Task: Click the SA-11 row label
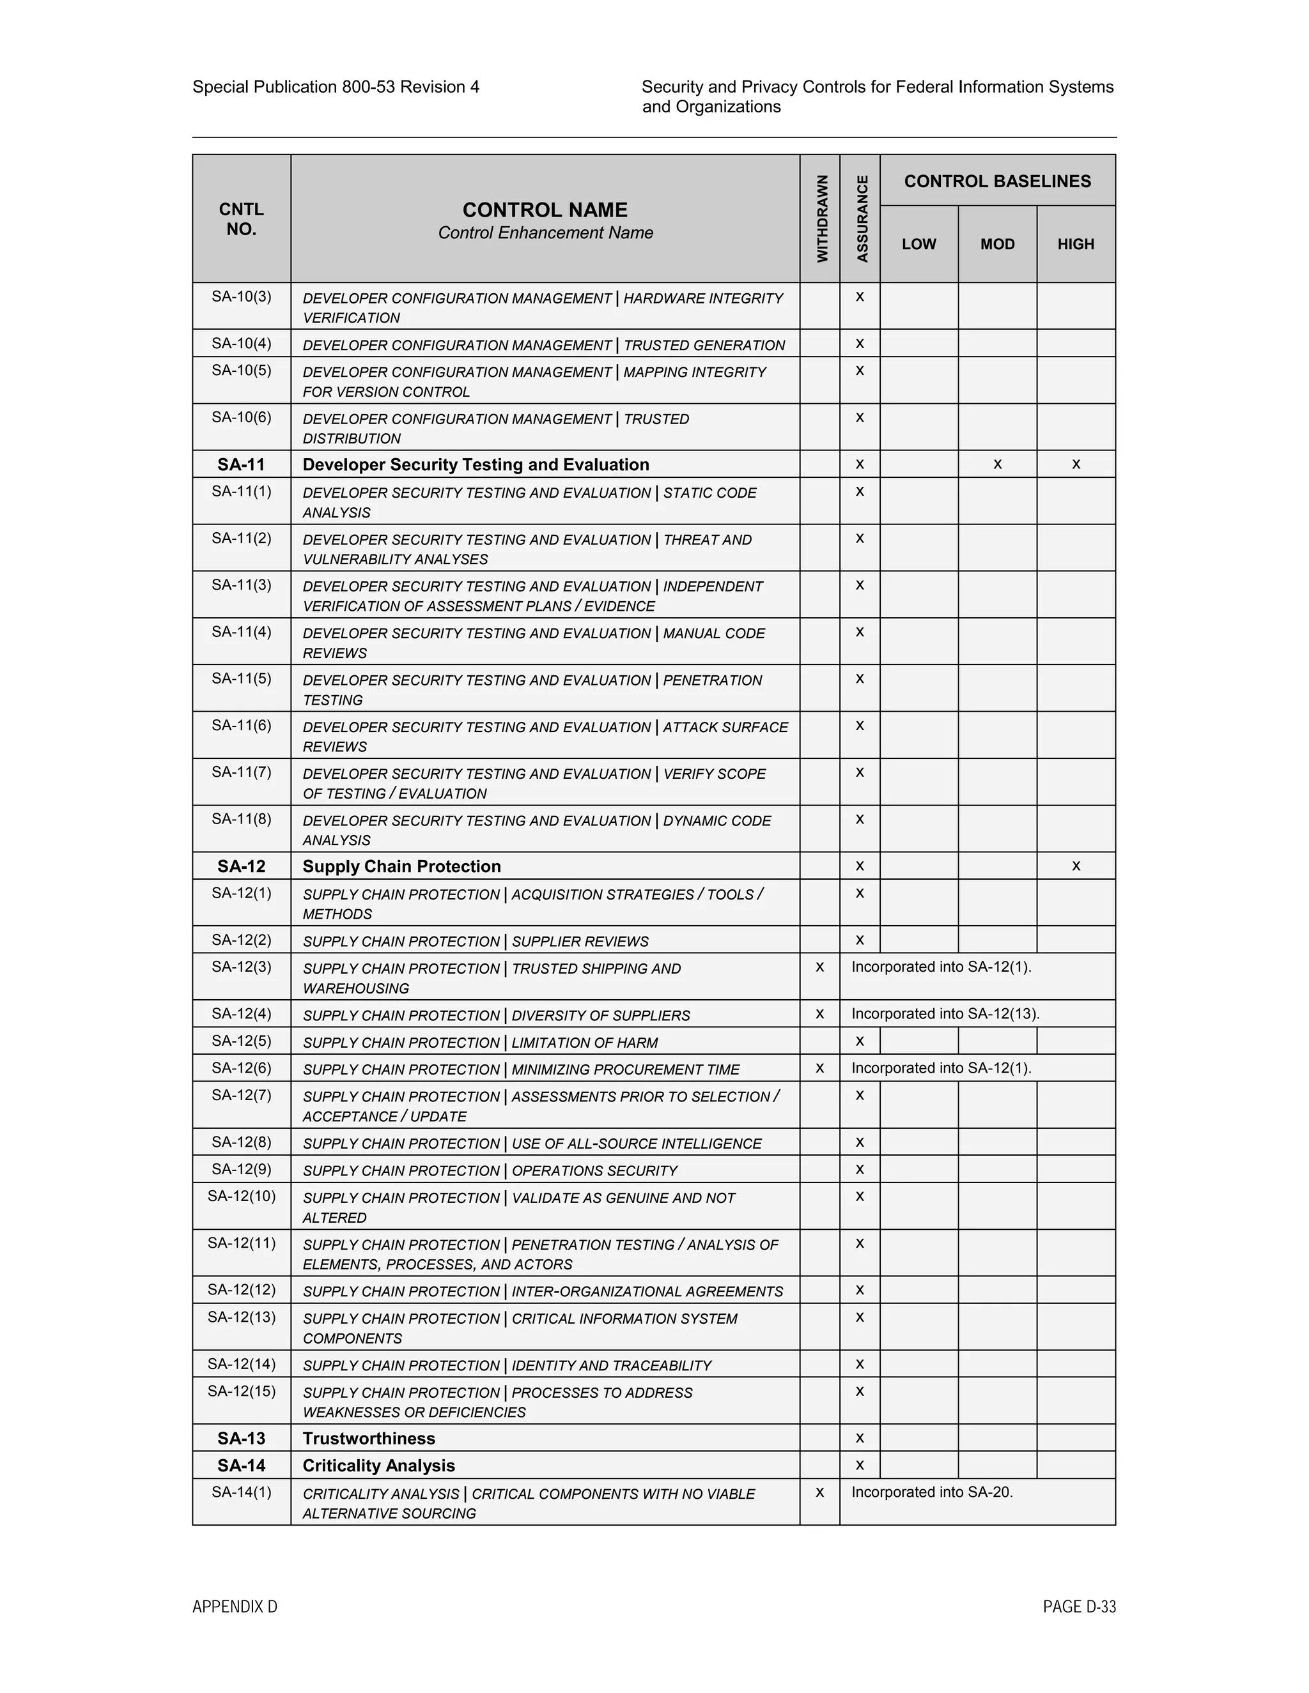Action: tap(241, 464)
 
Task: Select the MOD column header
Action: tap(997, 244)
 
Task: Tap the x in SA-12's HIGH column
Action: tap(1076, 866)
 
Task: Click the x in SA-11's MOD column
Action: tap(997, 464)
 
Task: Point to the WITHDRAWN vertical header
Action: tap(821, 218)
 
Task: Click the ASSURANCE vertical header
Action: tap(862, 218)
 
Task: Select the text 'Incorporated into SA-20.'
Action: tap(932, 1492)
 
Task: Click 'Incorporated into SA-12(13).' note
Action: tap(945, 1014)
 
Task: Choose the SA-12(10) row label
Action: tap(241, 1196)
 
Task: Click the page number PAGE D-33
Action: tap(1079, 1607)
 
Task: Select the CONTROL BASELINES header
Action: tap(997, 181)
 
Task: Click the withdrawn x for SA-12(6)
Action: tap(819, 1068)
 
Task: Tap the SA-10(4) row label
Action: tap(241, 344)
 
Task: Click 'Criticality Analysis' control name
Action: tap(378, 1466)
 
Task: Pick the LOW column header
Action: tap(919, 244)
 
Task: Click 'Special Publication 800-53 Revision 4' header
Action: tap(336, 87)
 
